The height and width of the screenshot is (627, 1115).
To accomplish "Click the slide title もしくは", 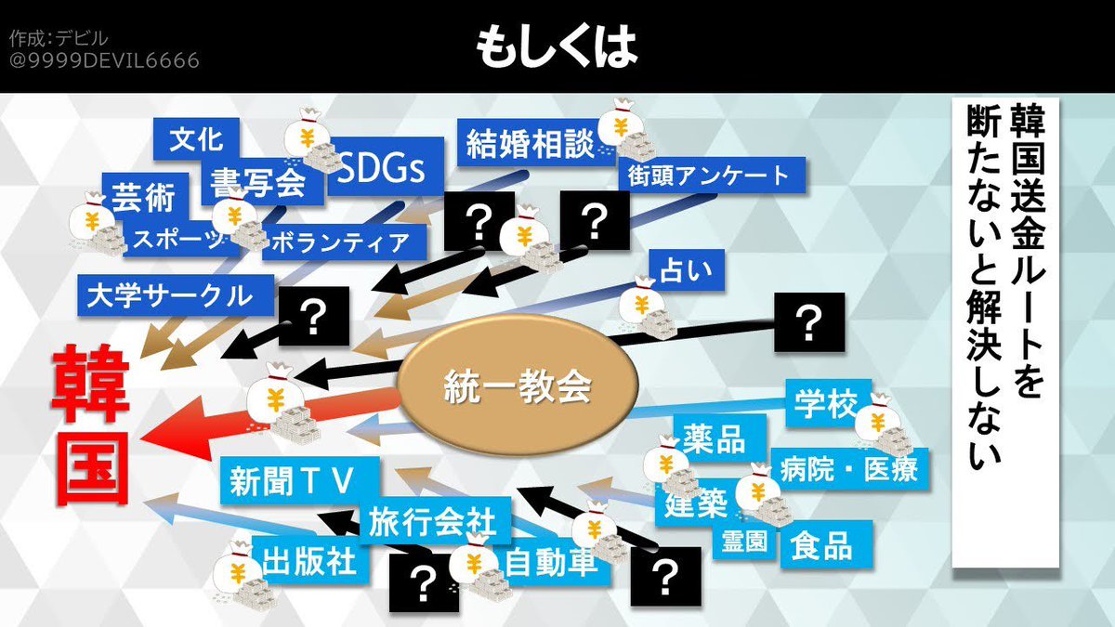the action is click(557, 46).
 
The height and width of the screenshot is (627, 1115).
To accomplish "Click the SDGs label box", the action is click(381, 170).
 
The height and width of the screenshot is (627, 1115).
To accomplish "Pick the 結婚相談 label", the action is click(530, 145).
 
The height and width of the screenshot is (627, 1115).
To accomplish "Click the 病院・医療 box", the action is click(849, 469).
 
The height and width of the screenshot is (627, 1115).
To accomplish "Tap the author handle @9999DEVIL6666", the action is click(104, 61).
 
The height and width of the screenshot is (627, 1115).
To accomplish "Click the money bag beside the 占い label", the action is click(649, 308).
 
